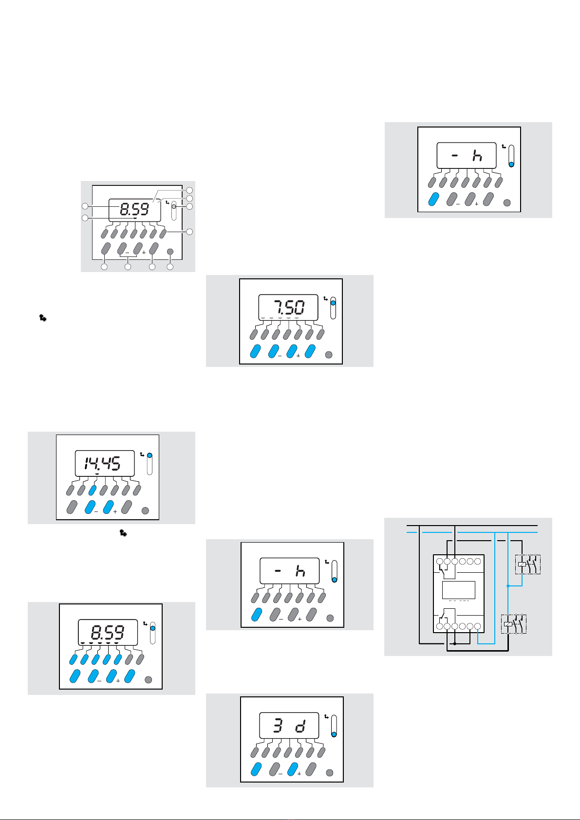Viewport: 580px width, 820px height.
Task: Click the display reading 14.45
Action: pyautogui.click(x=105, y=463)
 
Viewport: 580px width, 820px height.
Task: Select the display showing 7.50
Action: pyautogui.click(x=288, y=308)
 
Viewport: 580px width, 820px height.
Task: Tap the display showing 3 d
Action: pyautogui.click(x=289, y=726)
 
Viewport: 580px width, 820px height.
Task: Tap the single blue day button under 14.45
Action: pyautogui.click(x=93, y=490)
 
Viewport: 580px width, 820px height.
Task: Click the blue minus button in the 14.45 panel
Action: pyautogui.click(x=90, y=507)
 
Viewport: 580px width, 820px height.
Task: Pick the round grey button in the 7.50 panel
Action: pyautogui.click(x=329, y=355)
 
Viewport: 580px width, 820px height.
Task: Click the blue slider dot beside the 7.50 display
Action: pyautogui.click(x=333, y=303)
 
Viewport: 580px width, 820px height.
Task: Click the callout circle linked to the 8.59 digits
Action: pyautogui.click(x=85, y=206)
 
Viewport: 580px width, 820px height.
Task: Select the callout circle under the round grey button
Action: pyautogui.click(x=170, y=267)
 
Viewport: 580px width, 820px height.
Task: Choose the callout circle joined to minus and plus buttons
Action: pyautogui.click(x=128, y=267)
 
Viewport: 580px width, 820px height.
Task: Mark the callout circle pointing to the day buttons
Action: pyautogui.click(x=189, y=232)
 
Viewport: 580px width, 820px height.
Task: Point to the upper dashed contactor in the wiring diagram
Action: pyautogui.click(x=527, y=565)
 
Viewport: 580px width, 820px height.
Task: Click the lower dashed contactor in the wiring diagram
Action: pyautogui.click(x=514, y=624)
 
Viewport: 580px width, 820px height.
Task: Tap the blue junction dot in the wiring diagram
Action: pyautogui.click(x=508, y=586)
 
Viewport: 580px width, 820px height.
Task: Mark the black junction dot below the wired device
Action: pyautogui.click(x=455, y=643)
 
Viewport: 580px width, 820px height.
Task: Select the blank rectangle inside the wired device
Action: pyautogui.click(x=459, y=590)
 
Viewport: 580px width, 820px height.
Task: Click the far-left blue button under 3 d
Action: pyautogui.click(x=256, y=769)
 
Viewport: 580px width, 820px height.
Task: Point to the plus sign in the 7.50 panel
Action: pyautogui.click(x=298, y=355)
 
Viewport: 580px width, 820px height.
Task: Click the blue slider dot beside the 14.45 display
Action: pyautogui.click(x=150, y=456)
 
